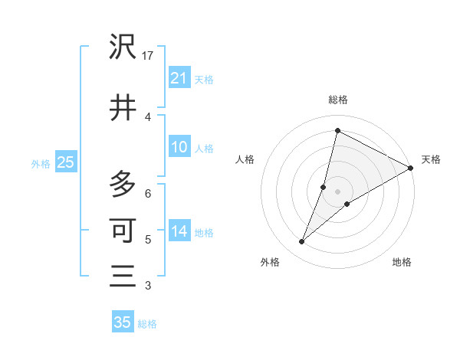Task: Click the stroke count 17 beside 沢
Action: coord(149,57)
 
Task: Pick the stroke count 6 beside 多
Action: coord(149,193)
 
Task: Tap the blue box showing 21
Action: coord(179,78)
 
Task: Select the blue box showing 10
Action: coord(179,147)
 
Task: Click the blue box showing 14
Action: coord(179,232)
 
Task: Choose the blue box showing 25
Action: coord(65,162)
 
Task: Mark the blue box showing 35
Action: coord(123,322)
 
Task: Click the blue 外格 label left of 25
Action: coord(41,163)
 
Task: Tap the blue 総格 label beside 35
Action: coord(147,324)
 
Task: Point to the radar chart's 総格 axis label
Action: coord(337,100)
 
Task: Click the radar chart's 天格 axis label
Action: coord(431,159)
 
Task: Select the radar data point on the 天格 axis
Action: coord(411,168)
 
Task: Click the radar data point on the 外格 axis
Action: coord(302,242)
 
